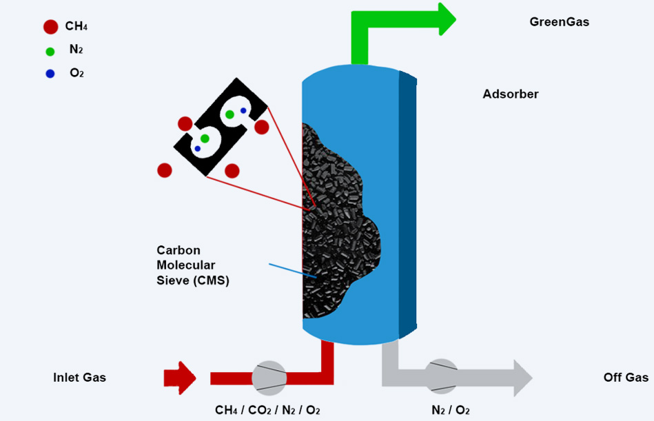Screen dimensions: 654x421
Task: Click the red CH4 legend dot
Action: point(50,27)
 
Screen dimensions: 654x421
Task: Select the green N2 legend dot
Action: point(50,52)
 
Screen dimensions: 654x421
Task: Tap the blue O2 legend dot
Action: point(50,74)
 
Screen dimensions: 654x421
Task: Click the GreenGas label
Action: point(560,21)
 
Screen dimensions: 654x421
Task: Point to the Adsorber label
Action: point(511,94)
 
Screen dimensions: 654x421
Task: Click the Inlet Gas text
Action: point(79,377)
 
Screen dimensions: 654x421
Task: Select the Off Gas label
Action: point(626,377)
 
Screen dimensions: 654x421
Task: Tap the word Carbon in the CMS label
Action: point(178,250)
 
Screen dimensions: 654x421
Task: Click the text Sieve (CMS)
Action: point(193,280)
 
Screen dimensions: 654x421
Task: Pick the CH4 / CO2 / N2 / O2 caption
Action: point(267,410)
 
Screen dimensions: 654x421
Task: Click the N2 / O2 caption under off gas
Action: point(451,410)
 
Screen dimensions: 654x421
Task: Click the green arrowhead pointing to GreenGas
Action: point(447,19)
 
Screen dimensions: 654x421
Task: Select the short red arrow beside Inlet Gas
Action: point(180,378)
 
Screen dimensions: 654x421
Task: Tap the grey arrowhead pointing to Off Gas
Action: point(523,378)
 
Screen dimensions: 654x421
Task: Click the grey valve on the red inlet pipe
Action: point(269,378)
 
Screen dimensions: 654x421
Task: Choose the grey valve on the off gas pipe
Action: point(441,376)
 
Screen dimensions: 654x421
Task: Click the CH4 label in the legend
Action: point(76,26)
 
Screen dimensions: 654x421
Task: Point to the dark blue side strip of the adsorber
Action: point(408,204)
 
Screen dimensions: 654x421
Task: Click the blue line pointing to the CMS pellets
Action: point(293,271)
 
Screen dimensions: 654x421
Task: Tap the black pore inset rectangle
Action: point(221,127)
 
